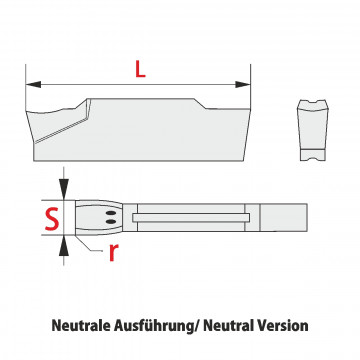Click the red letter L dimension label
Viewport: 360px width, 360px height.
click(140, 70)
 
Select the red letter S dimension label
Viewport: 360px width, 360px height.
click(52, 218)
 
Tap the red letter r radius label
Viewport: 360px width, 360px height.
click(113, 252)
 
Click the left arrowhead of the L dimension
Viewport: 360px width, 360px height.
click(33, 84)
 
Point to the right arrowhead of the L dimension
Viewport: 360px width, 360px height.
click(243, 84)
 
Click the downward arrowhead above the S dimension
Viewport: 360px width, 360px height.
click(64, 189)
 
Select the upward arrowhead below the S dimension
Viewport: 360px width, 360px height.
click(64, 246)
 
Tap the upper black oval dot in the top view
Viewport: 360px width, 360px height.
click(111, 213)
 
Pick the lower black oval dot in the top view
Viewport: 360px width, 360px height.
click(111, 221)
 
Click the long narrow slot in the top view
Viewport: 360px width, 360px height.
click(191, 218)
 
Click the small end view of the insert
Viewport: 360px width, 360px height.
click(313, 130)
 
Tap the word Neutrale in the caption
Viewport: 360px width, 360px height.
click(81, 325)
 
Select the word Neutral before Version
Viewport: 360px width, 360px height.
click(228, 325)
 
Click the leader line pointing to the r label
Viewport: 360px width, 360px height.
click(89, 244)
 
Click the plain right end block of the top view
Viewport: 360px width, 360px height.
click(283, 217)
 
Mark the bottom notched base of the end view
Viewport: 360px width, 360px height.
click(313, 155)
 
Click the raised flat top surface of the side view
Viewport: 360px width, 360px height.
click(140, 99)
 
